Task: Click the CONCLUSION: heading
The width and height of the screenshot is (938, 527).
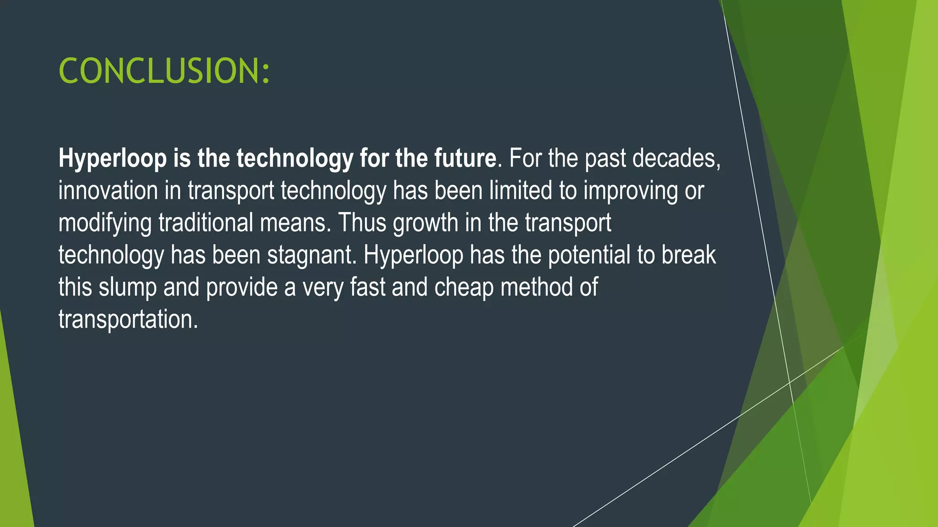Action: (x=164, y=71)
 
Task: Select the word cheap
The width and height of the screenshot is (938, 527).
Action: (x=464, y=288)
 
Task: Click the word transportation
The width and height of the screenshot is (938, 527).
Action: (x=128, y=319)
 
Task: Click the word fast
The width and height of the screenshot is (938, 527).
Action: (x=367, y=287)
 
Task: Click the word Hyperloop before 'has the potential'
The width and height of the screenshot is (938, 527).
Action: (x=413, y=255)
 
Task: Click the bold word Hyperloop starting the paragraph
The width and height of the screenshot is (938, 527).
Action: (x=113, y=159)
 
